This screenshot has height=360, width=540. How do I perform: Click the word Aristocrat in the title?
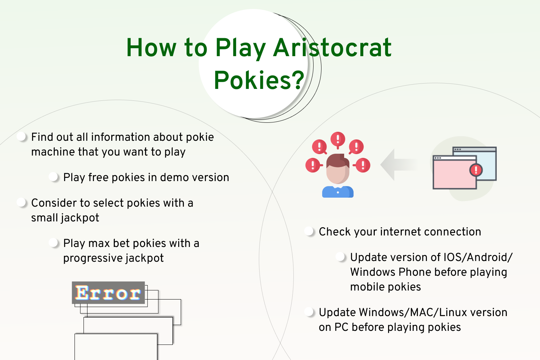(332, 48)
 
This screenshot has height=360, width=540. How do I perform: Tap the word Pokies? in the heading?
(259, 80)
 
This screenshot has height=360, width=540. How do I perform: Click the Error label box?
(108, 292)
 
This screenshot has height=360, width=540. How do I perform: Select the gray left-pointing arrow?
(399, 165)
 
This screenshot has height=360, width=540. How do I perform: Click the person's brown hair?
(338, 160)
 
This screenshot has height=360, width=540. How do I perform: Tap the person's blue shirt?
(338, 192)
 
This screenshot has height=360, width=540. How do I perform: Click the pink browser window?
(454, 172)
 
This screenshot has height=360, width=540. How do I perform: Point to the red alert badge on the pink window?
(476, 170)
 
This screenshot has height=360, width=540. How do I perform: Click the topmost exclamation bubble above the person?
(338, 139)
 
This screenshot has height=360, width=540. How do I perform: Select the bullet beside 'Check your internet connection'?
(309, 231)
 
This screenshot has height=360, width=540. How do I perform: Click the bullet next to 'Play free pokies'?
(53, 177)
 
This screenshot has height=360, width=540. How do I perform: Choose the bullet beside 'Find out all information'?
(21, 136)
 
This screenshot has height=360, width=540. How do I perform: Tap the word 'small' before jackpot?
(44, 217)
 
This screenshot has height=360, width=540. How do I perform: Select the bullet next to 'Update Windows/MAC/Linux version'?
(309, 312)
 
